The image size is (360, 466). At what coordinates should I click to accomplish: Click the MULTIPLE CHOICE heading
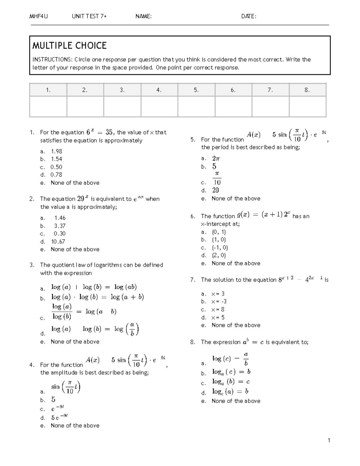click(x=69, y=46)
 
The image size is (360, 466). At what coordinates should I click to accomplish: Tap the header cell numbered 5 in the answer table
click(x=196, y=90)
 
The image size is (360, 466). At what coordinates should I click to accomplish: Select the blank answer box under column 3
click(x=122, y=106)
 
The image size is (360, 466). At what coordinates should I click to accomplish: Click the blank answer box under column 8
click(x=307, y=106)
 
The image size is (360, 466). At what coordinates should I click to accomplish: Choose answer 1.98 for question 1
click(x=56, y=152)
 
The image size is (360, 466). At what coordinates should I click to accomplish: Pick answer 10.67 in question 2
click(x=58, y=242)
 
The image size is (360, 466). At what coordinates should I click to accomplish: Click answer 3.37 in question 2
click(x=60, y=226)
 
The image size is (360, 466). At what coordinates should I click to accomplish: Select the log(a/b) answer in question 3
click(x=95, y=329)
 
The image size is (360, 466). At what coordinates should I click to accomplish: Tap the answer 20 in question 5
click(x=215, y=190)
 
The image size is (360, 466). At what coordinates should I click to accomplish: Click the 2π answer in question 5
click(x=216, y=158)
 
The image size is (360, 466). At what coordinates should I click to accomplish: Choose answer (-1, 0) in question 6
click(x=220, y=248)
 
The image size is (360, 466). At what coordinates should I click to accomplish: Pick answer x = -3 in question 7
click(x=219, y=302)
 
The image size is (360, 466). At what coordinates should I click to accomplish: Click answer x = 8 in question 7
click(x=218, y=310)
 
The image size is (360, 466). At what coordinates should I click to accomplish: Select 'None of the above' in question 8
click(x=236, y=401)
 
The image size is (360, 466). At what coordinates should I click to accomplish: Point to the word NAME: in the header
click(x=143, y=17)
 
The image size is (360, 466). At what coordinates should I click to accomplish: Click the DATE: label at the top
click(x=249, y=17)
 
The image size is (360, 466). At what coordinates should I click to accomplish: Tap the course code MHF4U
click(x=38, y=17)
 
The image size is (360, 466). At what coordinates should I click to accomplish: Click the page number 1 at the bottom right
click(x=329, y=440)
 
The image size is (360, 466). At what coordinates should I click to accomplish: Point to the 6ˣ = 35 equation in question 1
click(x=99, y=132)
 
